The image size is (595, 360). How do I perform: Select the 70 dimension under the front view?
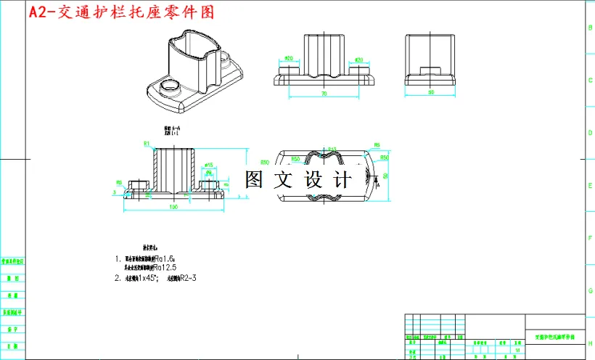[x=324, y=94]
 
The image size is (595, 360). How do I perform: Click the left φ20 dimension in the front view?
[x=288, y=58]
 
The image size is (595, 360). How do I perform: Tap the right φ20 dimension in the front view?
[x=358, y=60]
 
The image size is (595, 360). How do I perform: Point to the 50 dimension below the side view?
[x=431, y=93]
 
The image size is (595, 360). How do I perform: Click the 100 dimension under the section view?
[x=173, y=208]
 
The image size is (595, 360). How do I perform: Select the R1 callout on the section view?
[x=146, y=144]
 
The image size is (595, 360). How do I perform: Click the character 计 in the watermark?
[x=342, y=179]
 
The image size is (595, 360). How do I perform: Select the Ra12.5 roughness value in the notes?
[x=166, y=267]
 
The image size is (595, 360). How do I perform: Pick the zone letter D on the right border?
[x=589, y=133]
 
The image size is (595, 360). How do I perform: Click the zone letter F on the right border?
[x=589, y=237]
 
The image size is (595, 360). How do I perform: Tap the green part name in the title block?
[x=554, y=337]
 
